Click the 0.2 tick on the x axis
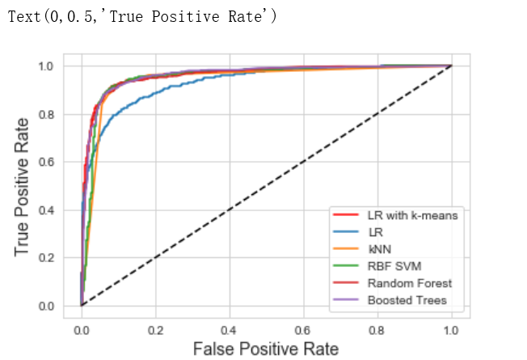coord(155,330)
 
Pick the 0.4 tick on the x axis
coord(230,330)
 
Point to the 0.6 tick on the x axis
coord(303,330)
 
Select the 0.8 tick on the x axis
coord(377,330)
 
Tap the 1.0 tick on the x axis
coord(451,330)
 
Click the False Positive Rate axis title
coord(266,349)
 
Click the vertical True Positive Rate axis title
coord(23,186)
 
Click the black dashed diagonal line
coord(266,186)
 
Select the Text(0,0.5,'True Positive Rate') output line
coord(141,17)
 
